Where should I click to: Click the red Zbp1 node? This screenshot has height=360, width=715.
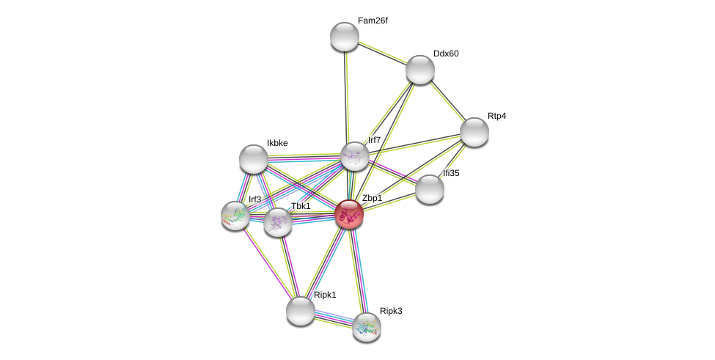(349, 214)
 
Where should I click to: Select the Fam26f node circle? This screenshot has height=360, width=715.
(345, 37)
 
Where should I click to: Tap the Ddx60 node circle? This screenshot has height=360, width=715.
(420, 70)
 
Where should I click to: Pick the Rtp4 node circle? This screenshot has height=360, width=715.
(474, 132)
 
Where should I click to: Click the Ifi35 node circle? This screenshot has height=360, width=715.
(430, 189)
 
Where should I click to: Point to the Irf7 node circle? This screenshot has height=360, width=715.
(354, 156)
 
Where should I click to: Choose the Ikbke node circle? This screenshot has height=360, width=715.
(254, 159)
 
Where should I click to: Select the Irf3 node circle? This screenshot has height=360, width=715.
(235, 216)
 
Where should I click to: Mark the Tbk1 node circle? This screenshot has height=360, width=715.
(278, 222)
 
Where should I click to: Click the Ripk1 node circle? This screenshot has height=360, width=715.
(300, 311)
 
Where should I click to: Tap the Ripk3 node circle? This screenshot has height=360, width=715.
(367, 327)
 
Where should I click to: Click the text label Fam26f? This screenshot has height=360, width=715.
(373, 21)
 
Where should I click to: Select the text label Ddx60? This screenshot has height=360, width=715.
(446, 54)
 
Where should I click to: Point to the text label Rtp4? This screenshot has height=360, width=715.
(496, 116)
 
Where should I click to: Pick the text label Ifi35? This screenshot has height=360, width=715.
(451, 173)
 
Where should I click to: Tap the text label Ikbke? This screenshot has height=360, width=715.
(277, 143)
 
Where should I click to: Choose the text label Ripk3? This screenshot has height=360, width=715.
(391, 311)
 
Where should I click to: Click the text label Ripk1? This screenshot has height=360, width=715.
(325, 295)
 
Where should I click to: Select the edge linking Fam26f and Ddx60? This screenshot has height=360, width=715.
(382, 53)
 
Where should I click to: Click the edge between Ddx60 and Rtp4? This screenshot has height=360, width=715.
(447, 100)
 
